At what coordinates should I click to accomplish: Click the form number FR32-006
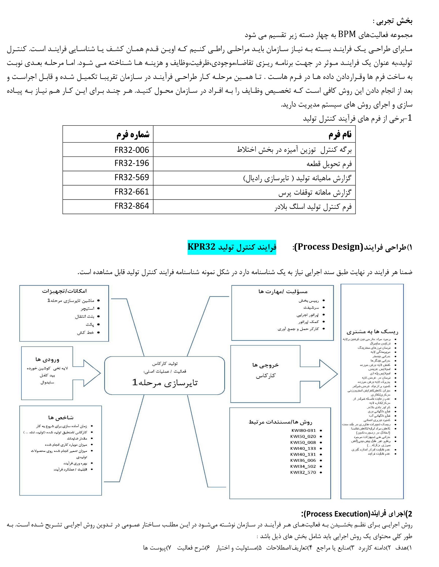[132, 150]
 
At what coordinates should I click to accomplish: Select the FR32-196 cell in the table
[132, 163]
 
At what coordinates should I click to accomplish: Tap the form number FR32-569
[132, 178]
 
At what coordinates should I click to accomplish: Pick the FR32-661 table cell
[132, 192]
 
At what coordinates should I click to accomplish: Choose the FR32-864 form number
[132, 206]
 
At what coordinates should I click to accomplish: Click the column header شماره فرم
[133, 135]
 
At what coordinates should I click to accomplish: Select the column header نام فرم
[340, 135]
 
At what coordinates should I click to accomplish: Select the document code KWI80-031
[303, 430]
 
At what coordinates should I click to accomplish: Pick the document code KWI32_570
[303, 472]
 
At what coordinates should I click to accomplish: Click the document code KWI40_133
[303, 448]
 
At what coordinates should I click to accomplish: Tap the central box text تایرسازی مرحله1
[165, 382]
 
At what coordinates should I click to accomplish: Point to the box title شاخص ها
[61, 417]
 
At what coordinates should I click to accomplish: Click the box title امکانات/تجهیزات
[64, 291]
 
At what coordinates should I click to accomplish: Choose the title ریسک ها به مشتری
[372, 332]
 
